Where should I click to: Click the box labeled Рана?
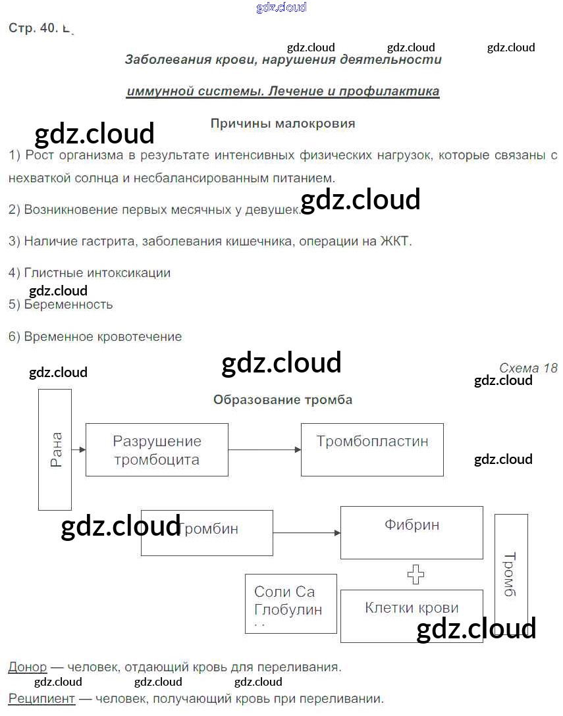(55, 449)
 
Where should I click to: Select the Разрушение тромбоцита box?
(157, 449)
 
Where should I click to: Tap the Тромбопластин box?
(372, 449)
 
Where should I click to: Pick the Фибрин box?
(412, 532)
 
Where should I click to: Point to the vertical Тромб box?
(511, 574)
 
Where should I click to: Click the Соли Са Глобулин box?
(290, 603)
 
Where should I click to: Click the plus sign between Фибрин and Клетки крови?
(416, 575)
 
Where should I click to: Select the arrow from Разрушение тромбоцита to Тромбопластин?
(264, 449)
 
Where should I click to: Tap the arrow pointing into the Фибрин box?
(306, 532)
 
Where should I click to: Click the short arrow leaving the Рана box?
(79, 449)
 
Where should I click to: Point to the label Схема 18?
(528, 368)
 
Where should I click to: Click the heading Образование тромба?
(282, 399)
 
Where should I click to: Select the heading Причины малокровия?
(282, 123)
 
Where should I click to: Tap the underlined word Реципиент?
(41, 698)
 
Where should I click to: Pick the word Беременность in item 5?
(68, 304)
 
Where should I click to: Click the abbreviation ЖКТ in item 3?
(395, 241)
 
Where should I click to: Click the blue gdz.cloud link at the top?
(281, 7)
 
